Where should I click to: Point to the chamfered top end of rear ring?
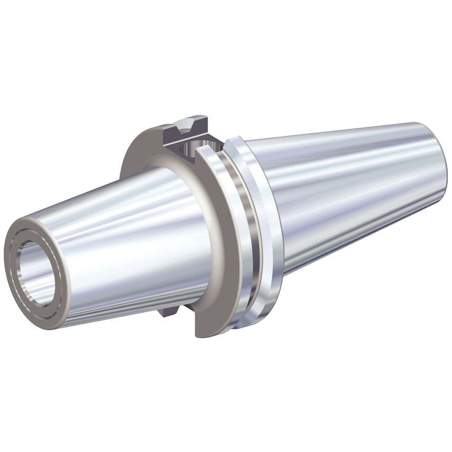pos(236,141)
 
